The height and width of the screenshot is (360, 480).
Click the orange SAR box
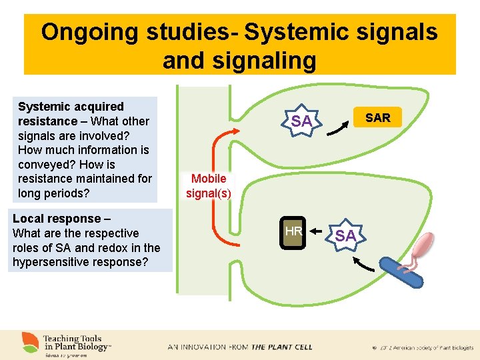[378, 118]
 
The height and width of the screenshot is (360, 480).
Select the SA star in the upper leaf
[301, 121]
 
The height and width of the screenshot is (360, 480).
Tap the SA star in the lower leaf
[345, 235]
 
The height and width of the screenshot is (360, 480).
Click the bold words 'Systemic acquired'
[71, 107]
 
